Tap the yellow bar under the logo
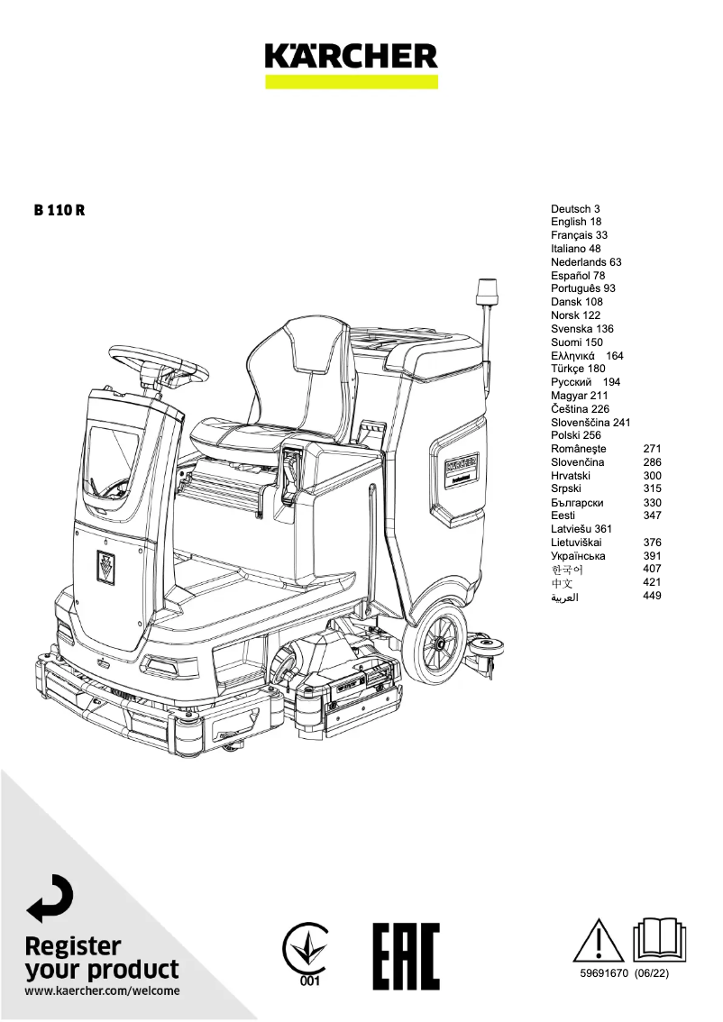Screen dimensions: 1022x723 point(351,81)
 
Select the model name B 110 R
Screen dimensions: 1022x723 point(60,210)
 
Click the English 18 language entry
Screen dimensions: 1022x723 point(576,222)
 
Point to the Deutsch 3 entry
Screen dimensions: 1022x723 point(575,208)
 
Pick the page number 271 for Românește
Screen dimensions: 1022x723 point(653,449)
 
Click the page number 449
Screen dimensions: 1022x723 point(653,596)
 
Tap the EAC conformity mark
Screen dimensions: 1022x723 point(406,956)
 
